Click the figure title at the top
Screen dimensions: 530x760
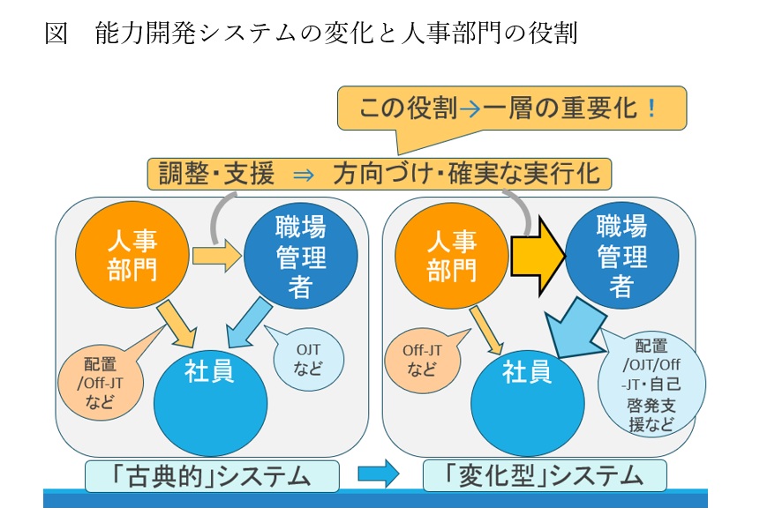[310, 34]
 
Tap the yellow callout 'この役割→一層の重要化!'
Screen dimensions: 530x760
[511, 109]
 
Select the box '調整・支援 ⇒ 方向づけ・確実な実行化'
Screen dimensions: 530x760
[380, 173]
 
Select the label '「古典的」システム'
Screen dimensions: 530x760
[212, 477]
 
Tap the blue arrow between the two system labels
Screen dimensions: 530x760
[378, 475]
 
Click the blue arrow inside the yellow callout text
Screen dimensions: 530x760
[470, 109]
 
